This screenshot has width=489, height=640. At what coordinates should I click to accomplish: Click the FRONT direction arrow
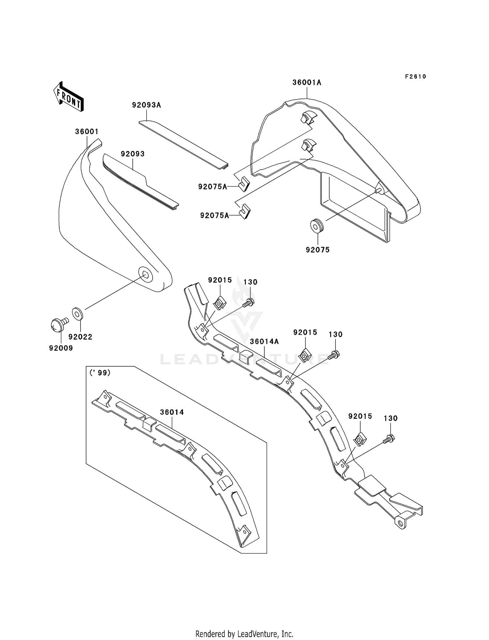pos(68,97)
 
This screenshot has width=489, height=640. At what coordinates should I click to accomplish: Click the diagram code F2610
pos(415,77)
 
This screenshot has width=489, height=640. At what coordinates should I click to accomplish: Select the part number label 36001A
pos(306,83)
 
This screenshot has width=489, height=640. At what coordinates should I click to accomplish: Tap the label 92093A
pos(146,105)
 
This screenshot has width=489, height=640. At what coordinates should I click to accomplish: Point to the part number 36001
pos(87,131)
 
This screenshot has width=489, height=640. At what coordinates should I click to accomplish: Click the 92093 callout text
pos(133,154)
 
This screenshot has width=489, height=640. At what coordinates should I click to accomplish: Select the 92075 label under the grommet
pos(318,250)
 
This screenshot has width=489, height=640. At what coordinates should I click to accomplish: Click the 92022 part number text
pos(80,337)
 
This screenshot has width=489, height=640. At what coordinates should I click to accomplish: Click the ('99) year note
pos(100,373)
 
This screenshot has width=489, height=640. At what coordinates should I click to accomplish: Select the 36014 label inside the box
pos(172,412)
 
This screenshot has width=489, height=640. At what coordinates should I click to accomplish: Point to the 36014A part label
pos(264,342)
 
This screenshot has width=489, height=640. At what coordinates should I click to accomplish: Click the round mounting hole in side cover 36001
pos(145,275)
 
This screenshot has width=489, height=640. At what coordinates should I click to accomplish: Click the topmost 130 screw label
pos(250,282)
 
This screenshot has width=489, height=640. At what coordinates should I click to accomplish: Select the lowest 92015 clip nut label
pos(360,417)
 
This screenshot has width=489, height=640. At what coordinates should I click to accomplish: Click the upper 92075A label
pos(213,187)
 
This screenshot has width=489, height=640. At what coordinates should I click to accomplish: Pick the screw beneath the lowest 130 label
pos(390,439)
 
